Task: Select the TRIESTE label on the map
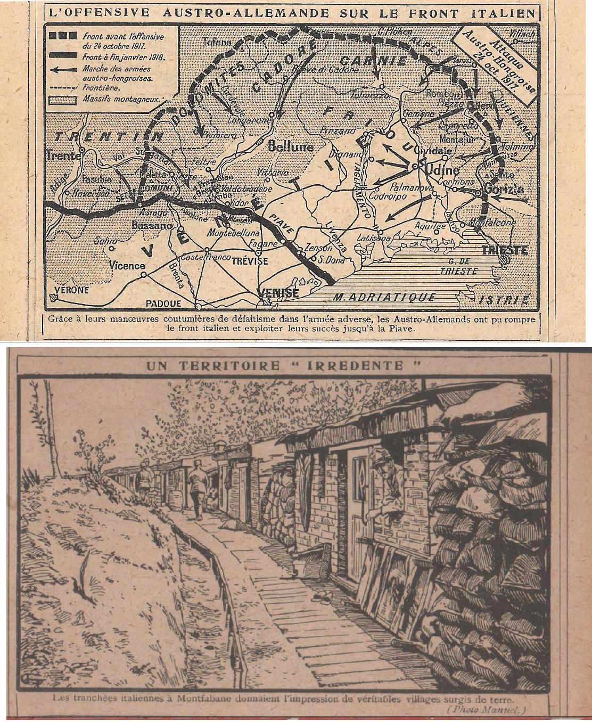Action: (x=504, y=249)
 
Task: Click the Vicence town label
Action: (x=127, y=265)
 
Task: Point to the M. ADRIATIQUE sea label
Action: (x=382, y=297)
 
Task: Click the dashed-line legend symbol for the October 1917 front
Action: (x=63, y=36)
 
